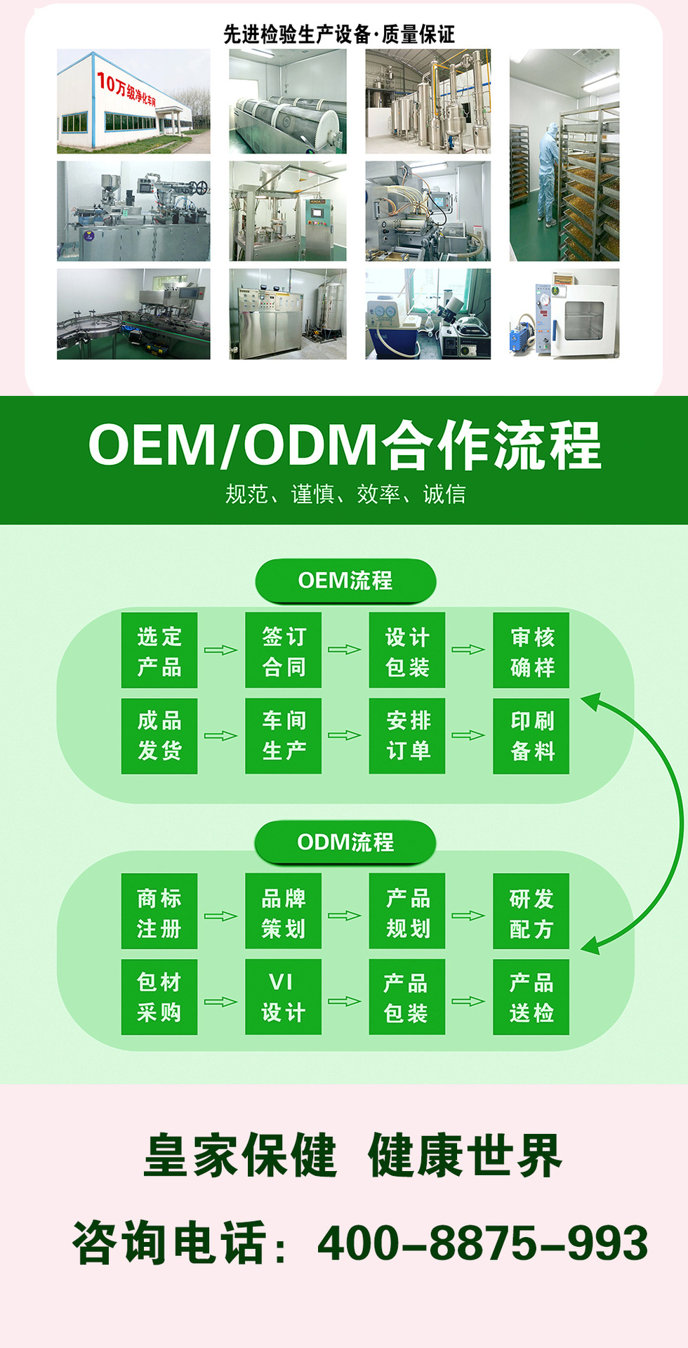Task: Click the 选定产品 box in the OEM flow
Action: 159,650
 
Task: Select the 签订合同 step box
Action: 283,650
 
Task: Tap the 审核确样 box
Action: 531,650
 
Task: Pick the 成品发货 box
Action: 159,736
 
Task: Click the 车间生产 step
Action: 283,736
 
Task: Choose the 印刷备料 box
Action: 531,736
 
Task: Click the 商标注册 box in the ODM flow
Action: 159,911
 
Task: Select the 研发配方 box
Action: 531,911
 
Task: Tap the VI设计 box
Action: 283,997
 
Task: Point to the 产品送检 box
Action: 531,997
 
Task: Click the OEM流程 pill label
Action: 345,581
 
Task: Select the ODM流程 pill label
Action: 345,842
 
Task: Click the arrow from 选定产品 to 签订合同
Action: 220,650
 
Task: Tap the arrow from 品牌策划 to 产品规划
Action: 345,916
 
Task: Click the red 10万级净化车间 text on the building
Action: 126,90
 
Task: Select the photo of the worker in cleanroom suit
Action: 564,155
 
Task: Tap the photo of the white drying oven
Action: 564,314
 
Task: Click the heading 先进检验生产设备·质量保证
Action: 339,34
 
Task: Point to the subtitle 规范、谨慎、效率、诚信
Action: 345,494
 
